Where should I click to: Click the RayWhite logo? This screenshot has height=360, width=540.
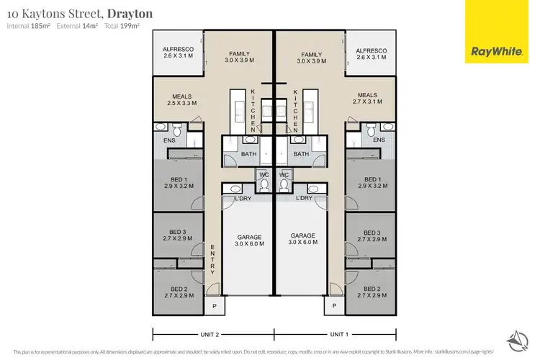pyautogui.click(x=496, y=31)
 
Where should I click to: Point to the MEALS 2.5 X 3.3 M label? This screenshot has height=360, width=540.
pyautogui.click(x=181, y=99)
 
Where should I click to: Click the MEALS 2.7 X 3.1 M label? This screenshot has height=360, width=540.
pyautogui.click(x=367, y=99)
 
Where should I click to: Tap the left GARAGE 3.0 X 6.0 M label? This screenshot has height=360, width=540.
pyautogui.click(x=249, y=240)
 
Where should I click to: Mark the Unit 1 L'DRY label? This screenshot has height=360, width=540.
pyautogui.click(x=304, y=198)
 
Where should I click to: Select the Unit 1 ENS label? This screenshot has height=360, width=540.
pyautogui.click(x=378, y=140)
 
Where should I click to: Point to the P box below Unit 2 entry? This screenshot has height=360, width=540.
pyautogui.click(x=214, y=305)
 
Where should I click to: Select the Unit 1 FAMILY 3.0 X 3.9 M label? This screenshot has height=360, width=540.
pyautogui.click(x=312, y=58)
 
